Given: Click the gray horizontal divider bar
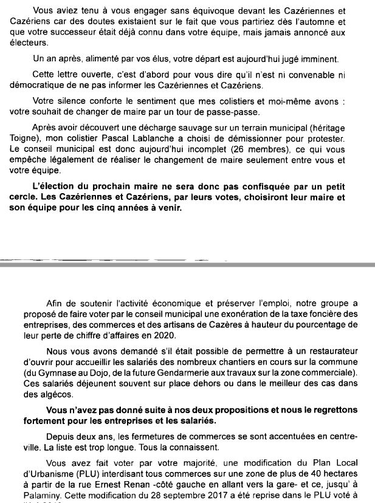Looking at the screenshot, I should [x=187, y=264].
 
